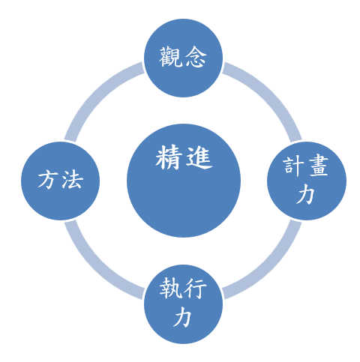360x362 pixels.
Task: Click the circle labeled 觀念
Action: pos(183,58)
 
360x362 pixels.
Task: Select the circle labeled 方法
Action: pos(60,181)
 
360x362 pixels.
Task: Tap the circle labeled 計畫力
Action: pos(307,181)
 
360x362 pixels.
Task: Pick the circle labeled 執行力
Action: pos(183,304)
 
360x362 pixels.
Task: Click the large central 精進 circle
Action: pos(184,181)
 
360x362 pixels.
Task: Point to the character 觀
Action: pos(170,56)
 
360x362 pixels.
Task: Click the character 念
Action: pos(196,56)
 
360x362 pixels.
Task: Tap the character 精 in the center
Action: pos(168,158)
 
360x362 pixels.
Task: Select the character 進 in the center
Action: pos(199,158)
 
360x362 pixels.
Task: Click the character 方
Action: pos(47,179)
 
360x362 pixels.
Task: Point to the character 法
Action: pos(73,179)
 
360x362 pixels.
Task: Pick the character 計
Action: pos(293,166)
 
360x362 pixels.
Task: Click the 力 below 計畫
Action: pos(305,194)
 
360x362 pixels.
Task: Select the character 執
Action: pos(171,289)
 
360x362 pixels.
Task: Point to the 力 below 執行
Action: pos(183,317)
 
